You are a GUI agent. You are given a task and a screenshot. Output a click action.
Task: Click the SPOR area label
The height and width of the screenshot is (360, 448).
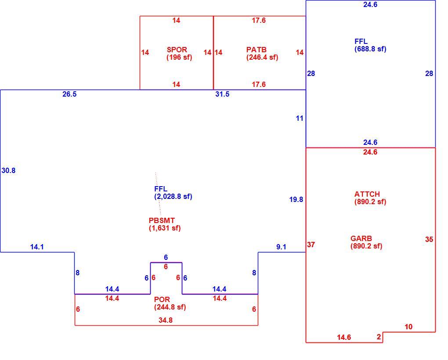(177, 49)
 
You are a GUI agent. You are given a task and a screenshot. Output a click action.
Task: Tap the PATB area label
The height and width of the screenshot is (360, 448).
(257, 49)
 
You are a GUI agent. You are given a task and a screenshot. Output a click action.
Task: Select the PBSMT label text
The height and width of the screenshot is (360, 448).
(162, 220)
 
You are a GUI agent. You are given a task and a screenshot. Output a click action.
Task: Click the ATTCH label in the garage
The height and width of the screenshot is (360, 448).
(367, 194)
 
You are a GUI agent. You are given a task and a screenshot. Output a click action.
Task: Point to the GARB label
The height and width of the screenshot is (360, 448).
(361, 238)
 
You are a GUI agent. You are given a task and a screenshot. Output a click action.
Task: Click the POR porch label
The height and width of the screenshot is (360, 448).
(162, 299)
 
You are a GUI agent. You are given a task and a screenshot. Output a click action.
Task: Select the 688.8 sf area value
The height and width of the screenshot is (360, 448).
(370, 49)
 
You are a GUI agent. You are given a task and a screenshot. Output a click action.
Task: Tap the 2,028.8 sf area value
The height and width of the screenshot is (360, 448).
(173, 196)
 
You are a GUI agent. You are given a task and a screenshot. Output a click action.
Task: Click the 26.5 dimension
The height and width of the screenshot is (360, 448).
(69, 94)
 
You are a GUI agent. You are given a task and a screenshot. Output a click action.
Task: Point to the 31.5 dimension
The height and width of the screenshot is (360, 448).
(222, 94)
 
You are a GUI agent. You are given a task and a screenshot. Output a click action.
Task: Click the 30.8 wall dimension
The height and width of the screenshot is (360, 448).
(9, 170)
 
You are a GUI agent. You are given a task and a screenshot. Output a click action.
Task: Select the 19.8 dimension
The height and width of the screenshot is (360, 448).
(296, 199)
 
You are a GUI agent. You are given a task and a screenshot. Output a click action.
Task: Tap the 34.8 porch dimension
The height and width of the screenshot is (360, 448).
(166, 320)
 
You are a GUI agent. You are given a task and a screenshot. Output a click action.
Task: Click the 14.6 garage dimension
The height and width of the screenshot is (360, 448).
(344, 337)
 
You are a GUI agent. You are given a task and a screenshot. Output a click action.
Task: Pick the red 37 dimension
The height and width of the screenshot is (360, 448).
(311, 245)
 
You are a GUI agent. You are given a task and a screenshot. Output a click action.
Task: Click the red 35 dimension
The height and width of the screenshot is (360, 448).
(429, 239)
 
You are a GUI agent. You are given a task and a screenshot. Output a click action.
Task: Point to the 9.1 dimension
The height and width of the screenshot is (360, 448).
(281, 247)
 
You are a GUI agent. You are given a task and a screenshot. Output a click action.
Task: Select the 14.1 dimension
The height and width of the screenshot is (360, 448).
(37, 247)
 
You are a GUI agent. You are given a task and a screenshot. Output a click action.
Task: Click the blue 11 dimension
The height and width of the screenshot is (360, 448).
(300, 118)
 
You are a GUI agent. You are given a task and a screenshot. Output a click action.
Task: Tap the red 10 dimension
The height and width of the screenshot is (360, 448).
(408, 327)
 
